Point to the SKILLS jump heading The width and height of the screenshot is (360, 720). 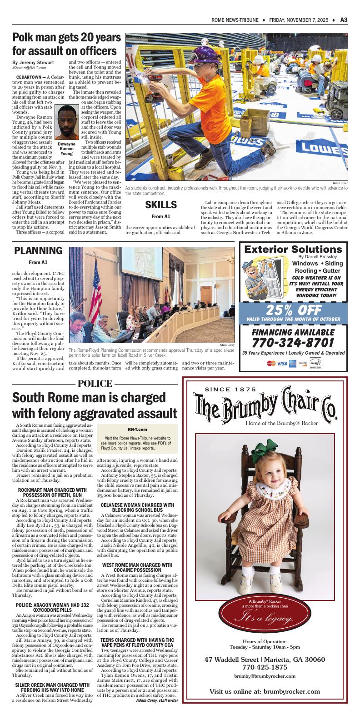pyautogui.click(x=160, y=205)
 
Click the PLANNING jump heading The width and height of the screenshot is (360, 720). pyautogui.click(x=38, y=250)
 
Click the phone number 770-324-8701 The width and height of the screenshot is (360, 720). pyautogui.click(x=294, y=341)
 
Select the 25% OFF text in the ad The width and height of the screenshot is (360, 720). pyautogui.click(x=294, y=310)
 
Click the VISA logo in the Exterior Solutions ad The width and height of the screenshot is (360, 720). pyautogui.click(x=282, y=363)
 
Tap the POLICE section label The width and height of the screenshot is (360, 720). pyautogui.click(x=95, y=384)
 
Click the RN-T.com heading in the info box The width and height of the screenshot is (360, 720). pyautogui.click(x=137, y=429)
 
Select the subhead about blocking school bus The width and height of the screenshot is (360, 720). pyautogui.click(x=137, y=508)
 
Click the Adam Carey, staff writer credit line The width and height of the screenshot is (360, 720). pyautogui.click(x=157, y=700)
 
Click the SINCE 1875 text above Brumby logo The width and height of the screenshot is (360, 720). pyautogui.click(x=231, y=389)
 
